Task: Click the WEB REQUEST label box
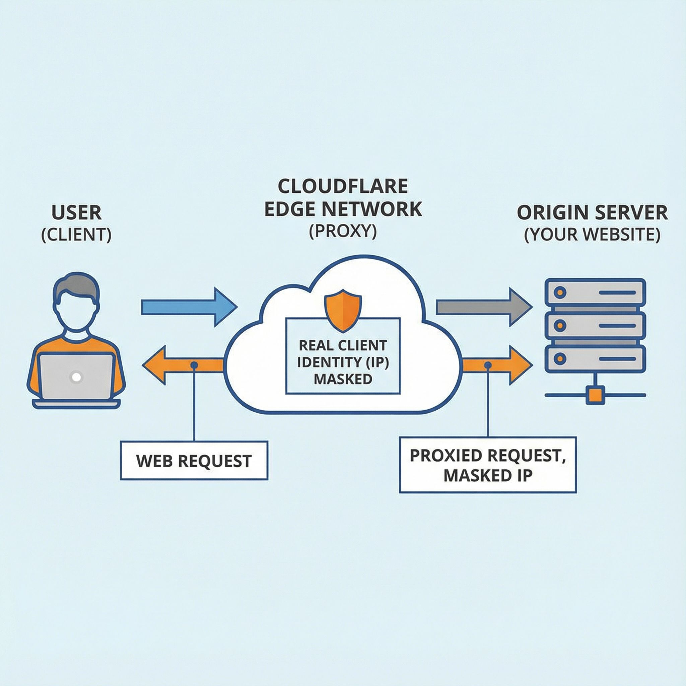click(194, 461)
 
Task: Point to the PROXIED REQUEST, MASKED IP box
click(487, 465)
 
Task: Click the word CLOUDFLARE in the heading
click(343, 187)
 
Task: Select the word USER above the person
click(76, 213)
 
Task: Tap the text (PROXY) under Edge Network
click(343, 231)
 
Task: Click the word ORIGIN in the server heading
click(549, 213)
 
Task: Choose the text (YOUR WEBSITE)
click(592, 235)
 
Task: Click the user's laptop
click(76, 378)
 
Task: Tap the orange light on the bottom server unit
click(560, 359)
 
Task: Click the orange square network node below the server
click(595, 395)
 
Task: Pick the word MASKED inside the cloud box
click(343, 379)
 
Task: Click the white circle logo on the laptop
click(76, 377)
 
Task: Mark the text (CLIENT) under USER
click(76, 235)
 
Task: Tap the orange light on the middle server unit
click(560, 325)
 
